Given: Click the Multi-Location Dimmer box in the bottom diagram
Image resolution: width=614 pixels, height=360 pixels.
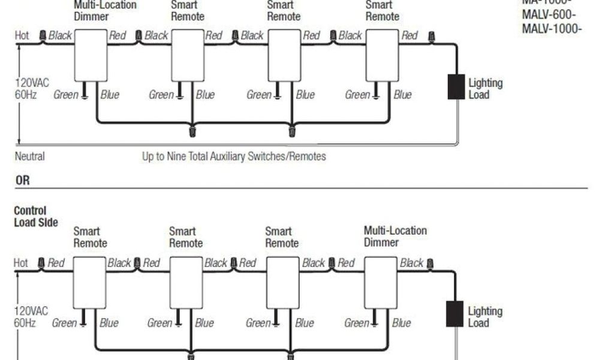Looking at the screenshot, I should point(380,283).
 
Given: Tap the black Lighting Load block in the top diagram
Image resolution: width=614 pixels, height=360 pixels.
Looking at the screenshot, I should point(456,87).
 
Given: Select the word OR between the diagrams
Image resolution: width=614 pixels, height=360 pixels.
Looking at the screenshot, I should point(23,180).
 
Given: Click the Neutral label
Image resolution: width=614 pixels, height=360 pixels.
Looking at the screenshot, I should point(29,157).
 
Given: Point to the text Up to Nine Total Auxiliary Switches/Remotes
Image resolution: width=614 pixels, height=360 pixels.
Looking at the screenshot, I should point(234,157).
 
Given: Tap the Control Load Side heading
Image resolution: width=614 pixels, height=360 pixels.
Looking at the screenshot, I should point(35,217).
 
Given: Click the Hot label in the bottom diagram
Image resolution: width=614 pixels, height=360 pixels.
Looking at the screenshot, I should point(21,263).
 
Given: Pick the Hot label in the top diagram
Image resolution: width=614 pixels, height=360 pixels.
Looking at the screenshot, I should point(22,36).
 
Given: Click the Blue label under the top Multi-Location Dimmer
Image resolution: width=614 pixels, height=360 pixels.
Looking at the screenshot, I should point(110,95).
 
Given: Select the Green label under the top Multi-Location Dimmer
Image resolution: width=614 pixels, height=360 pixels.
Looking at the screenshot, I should point(65,95).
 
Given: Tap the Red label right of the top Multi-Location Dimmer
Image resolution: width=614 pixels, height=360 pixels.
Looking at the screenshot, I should point(118,36).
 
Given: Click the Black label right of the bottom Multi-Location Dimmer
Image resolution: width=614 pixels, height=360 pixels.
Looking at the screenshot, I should point(412,263).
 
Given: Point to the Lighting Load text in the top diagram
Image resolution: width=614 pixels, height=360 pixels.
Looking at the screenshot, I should point(485,89).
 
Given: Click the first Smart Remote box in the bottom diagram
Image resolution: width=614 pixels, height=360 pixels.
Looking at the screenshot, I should point(89,283).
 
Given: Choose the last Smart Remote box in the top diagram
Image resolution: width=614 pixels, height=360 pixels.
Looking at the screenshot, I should point(382,55).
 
